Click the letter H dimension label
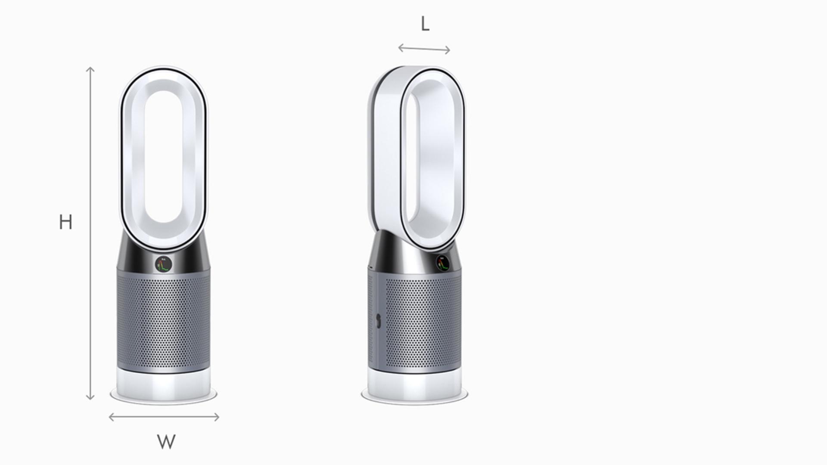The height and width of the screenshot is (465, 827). [x=65, y=222]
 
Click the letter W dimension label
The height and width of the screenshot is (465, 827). [x=166, y=442]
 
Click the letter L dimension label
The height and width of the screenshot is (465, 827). [x=425, y=24]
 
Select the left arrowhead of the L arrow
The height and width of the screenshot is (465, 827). [x=401, y=48]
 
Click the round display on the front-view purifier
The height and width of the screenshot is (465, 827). [x=164, y=263]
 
